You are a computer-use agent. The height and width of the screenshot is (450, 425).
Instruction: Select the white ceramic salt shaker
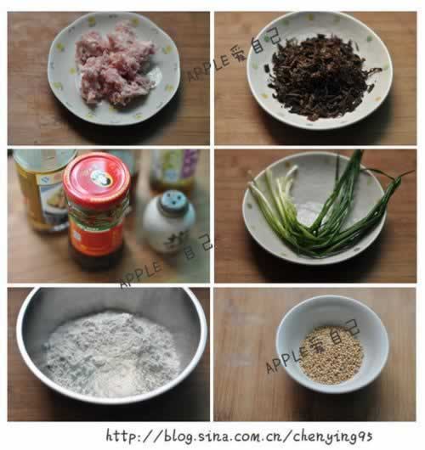167,222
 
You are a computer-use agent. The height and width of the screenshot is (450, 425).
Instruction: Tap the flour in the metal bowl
110,352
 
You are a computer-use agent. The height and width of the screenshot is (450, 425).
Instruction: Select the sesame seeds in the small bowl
331,353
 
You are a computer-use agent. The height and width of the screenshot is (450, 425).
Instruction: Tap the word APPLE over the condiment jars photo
141,274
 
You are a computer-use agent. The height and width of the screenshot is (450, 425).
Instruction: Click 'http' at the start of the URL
119,436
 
